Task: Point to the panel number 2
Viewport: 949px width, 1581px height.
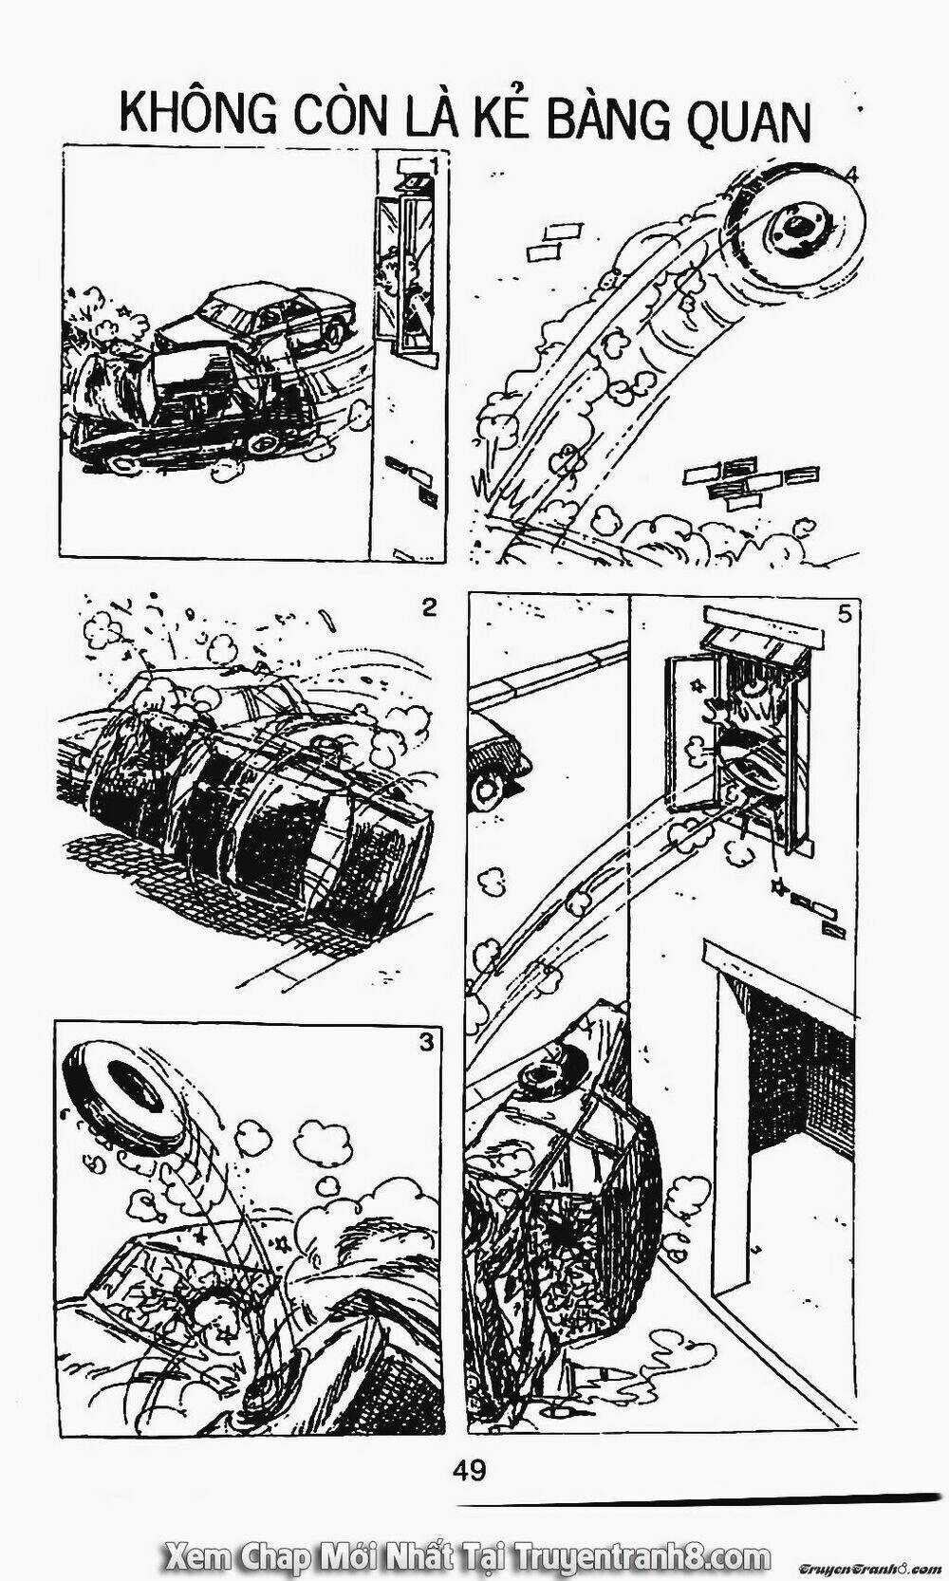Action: point(429,607)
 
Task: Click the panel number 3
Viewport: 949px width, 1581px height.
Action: point(426,1042)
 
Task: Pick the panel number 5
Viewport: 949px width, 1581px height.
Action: point(844,614)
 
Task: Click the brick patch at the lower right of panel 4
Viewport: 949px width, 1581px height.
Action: point(750,480)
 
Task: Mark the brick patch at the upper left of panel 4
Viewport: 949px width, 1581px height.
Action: point(552,239)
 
